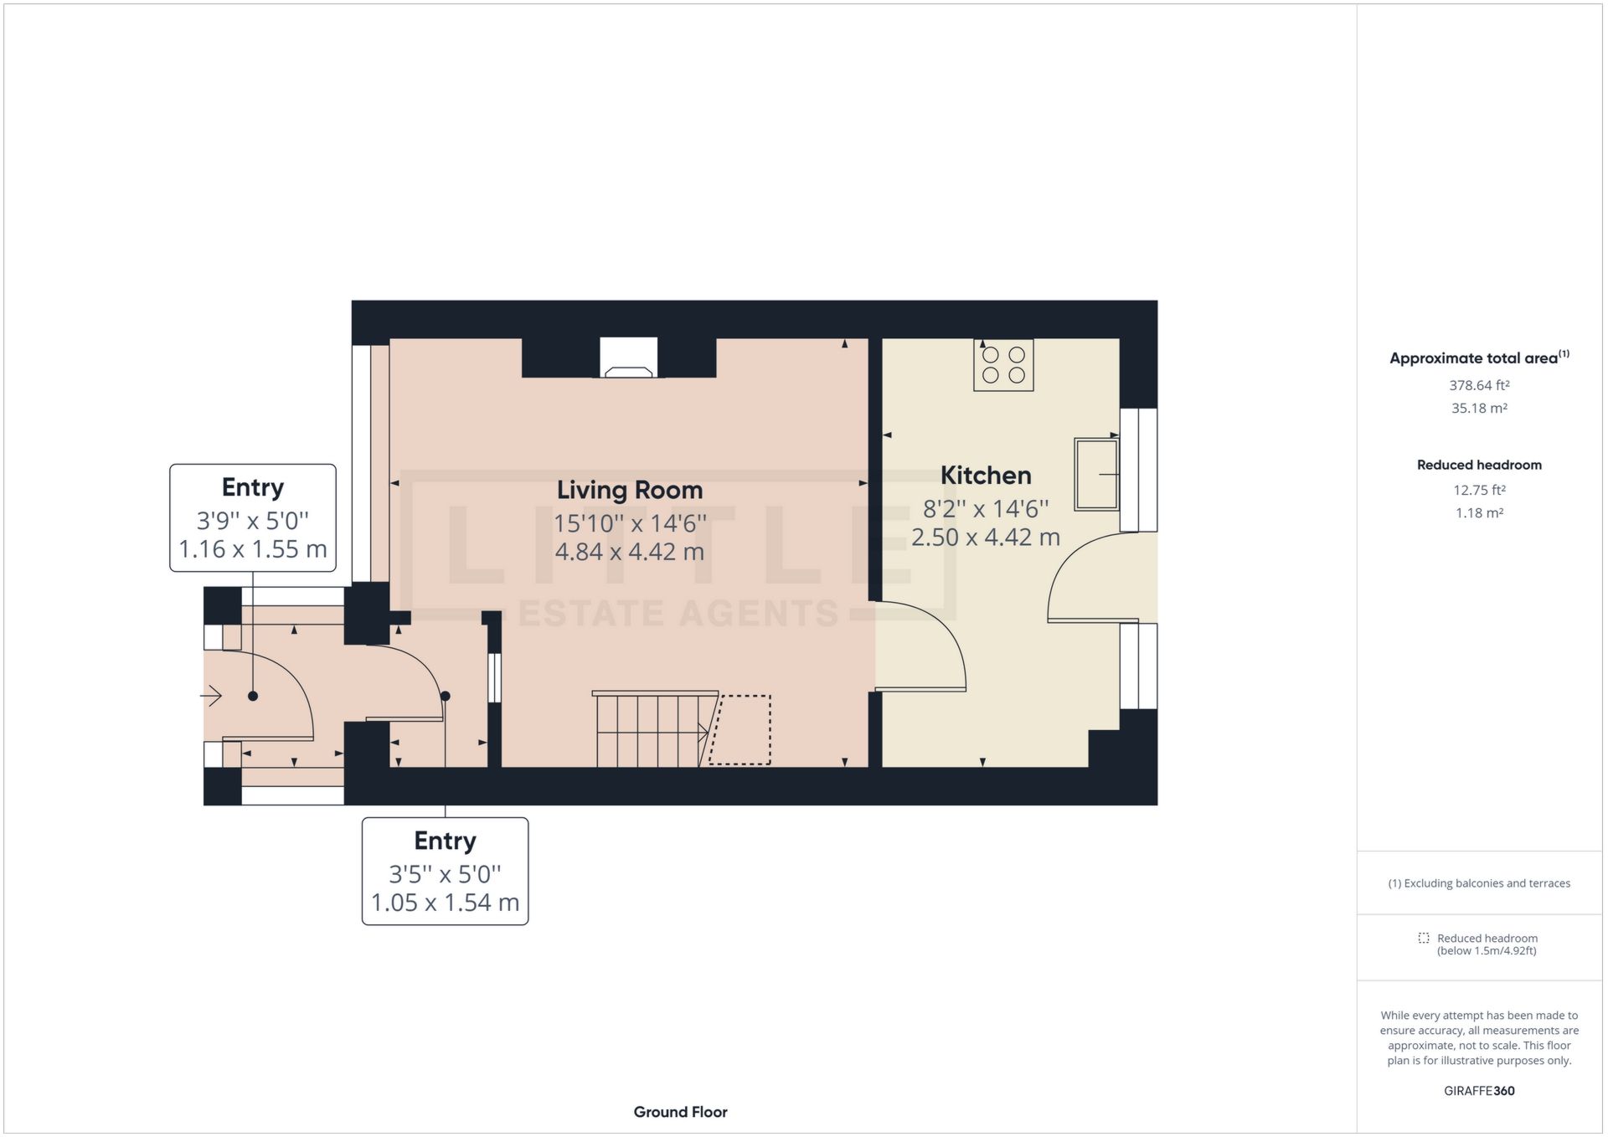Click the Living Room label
(x=629, y=490)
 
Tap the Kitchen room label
(x=985, y=475)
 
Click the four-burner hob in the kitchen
(x=1003, y=365)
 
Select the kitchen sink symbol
(x=1097, y=474)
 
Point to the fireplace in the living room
(x=628, y=358)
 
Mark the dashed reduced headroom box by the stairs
(x=740, y=729)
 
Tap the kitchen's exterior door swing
(x=1089, y=578)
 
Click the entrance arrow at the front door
(x=211, y=696)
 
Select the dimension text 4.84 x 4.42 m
(x=629, y=552)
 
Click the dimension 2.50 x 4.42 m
(x=985, y=537)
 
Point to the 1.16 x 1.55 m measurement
(x=252, y=549)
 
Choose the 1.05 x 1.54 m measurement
(x=445, y=903)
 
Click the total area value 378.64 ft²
(x=1479, y=385)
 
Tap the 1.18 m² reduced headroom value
(x=1479, y=512)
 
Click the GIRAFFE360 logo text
(x=1479, y=1090)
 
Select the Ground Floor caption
(x=680, y=1112)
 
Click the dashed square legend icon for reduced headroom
(x=1423, y=938)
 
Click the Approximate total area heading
(x=1474, y=358)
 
